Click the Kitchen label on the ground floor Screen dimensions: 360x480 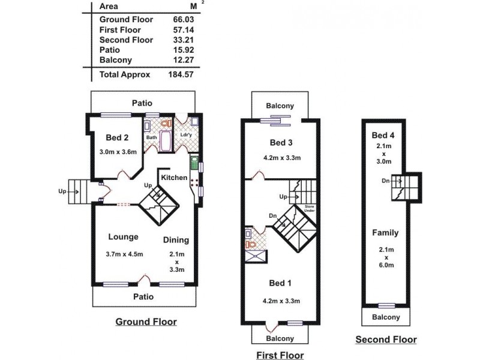coord(174,178)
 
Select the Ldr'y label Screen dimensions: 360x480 coord(185,134)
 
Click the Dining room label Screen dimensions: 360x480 coord(176,240)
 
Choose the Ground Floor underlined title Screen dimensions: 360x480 coord(146,322)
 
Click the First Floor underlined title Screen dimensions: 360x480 coord(280,355)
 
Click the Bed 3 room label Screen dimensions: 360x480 coord(281,143)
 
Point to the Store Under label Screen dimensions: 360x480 coord(309,208)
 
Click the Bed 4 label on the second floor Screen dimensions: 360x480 coord(383,136)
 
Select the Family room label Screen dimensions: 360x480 coord(385,232)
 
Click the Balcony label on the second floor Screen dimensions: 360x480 coord(386,317)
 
